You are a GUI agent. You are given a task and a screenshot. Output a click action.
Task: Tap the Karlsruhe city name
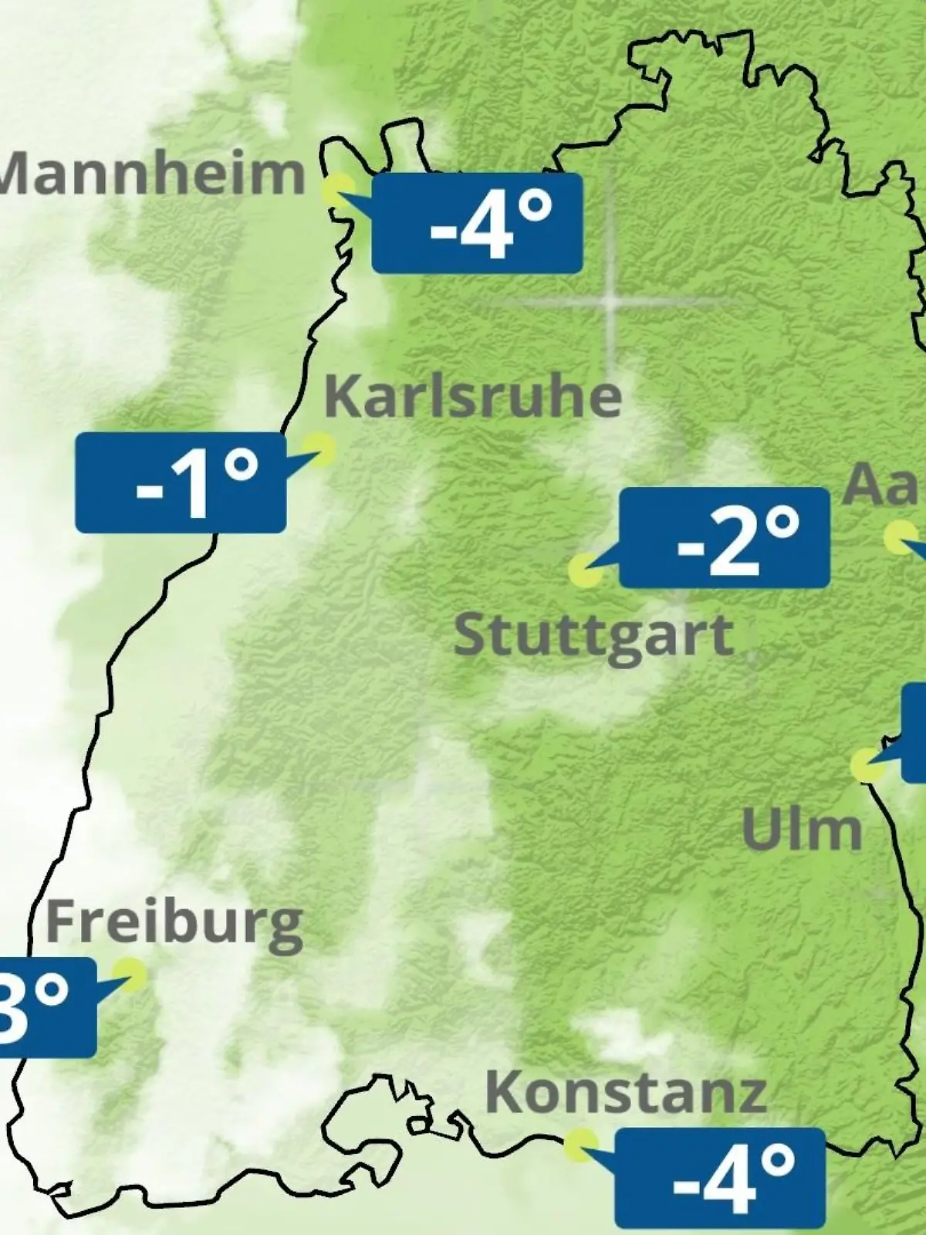coord(473,397)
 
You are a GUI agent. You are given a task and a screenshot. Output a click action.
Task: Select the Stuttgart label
coord(593,636)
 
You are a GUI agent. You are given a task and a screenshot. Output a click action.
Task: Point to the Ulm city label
coord(802,829)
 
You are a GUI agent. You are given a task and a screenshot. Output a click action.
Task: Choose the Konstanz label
coord(626,1092)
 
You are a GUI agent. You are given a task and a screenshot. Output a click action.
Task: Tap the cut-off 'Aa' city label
coord(884,485)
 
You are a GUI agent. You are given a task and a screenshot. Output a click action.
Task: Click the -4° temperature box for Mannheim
coord(477,223)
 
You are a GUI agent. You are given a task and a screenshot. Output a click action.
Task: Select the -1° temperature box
coord(181,482)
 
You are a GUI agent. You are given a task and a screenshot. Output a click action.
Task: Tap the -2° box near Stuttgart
coord(725,537)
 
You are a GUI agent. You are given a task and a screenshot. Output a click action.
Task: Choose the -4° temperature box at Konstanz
coord(720,1177)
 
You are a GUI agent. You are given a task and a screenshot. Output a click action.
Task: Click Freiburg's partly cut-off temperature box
coord(46,1007)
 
